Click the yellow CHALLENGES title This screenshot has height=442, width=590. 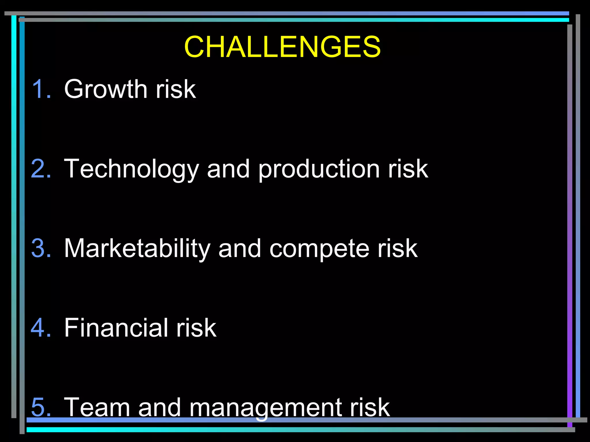(x=282, y=47)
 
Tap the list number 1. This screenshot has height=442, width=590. (x=41, y=89)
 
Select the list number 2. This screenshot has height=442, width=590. (x=41, y=169)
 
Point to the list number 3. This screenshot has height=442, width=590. (x=41, y=248)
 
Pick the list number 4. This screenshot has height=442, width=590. (x=41, y=327)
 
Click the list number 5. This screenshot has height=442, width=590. (x=41, y=407)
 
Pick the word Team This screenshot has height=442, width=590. (x=97, y=407)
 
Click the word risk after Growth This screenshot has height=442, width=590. (x=176, y=89)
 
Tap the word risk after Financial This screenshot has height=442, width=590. (x=196, y=327)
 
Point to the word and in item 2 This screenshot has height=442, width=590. (x=228, y=169)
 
